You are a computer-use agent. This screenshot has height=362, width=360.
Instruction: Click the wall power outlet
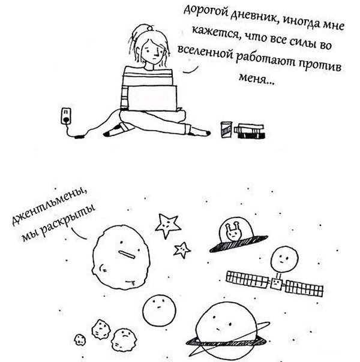(66, 116)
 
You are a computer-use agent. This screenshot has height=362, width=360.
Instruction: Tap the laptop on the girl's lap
(152, 98)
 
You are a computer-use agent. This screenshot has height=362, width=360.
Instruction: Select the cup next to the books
(226, 129)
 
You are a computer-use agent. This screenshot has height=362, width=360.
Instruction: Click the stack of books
(250, 131)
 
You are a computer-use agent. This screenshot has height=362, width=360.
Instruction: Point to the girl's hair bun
(151, 28)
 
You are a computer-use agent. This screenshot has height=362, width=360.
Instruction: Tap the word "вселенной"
(206, 52)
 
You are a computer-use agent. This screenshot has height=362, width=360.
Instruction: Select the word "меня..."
(257, 79)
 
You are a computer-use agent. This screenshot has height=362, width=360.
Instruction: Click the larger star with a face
(168, 225)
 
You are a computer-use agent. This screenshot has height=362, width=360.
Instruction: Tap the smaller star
(182, 250)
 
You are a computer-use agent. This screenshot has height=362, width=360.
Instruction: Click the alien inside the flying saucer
(232, 231)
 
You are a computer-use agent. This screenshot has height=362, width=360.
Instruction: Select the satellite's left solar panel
(248, 279)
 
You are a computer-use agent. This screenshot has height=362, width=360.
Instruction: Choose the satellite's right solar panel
(304, 289)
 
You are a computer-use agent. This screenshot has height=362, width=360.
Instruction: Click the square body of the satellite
(277, 284)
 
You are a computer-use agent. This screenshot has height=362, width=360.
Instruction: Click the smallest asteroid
(80, 340)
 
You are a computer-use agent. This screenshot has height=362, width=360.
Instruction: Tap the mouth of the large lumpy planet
(127, 254)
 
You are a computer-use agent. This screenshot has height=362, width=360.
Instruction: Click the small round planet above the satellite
(284, 259)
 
